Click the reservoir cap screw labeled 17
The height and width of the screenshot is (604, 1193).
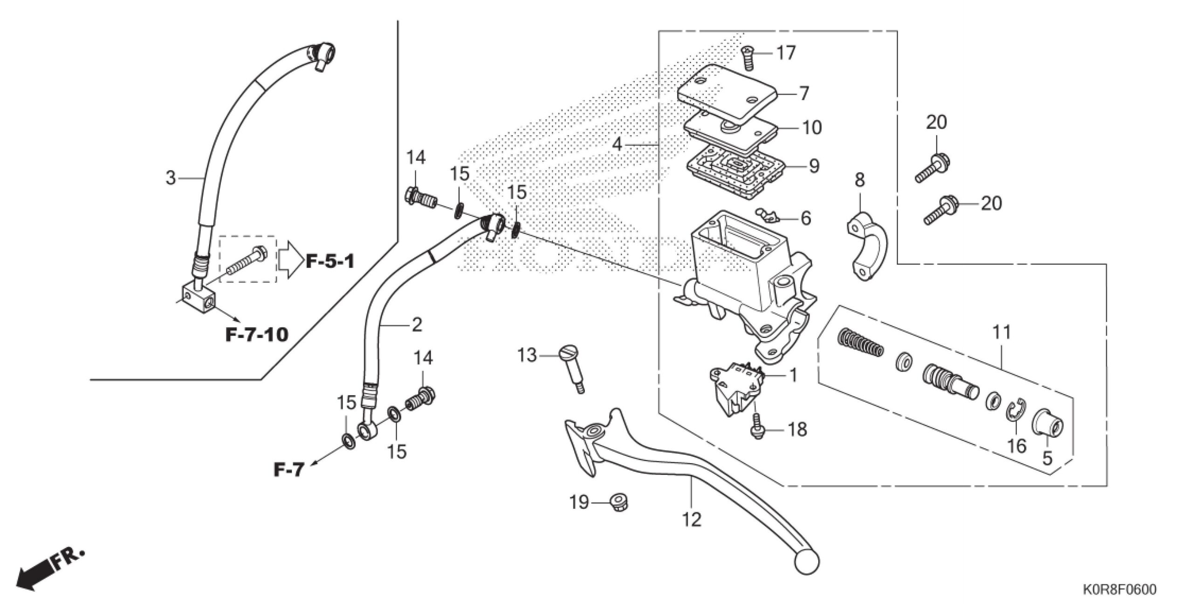748,58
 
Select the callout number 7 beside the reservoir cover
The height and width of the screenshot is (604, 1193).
804,93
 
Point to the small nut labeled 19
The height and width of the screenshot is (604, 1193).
618,503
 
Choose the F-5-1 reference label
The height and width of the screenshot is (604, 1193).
330,261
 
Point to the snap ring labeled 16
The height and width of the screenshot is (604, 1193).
1015,412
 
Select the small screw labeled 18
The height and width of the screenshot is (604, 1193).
757,426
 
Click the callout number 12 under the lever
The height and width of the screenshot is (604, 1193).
692,519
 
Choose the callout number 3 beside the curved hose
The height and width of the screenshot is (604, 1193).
171,178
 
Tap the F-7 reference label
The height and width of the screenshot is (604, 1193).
288,470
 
